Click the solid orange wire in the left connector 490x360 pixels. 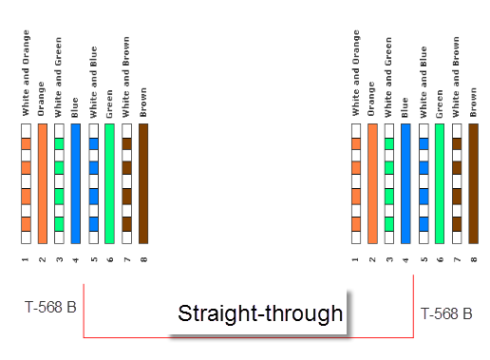click(x=43, y=183)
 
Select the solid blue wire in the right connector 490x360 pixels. click(x=405, y=183)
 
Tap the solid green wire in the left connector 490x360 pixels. click(x=109, y=183)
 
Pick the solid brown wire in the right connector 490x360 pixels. click(x=473, y=183)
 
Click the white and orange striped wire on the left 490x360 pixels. click(x=26, y=183)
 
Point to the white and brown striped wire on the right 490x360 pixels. click(x=457, y=183)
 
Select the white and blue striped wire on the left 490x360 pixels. click(x=93, y=183)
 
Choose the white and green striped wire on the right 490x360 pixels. click(x=389, y=183)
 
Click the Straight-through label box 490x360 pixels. click(x=259, y=313)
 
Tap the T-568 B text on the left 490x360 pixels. click(x=50, y=307)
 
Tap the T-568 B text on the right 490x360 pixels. click(x=446, y=313)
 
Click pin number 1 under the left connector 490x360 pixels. click(x=26, y=259)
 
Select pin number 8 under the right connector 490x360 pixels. click(x=474, y=259)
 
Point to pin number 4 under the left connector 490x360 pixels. click(x=75, y=260)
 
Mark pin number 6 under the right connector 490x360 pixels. click(x=440, y=259)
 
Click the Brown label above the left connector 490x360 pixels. click(x=143, y=103)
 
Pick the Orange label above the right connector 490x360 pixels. click(x=371, y=99)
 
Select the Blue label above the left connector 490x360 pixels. click(x=75, y=107)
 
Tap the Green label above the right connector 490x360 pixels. click(x=439, y=104)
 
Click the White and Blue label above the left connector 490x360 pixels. click(x=93, y=82)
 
